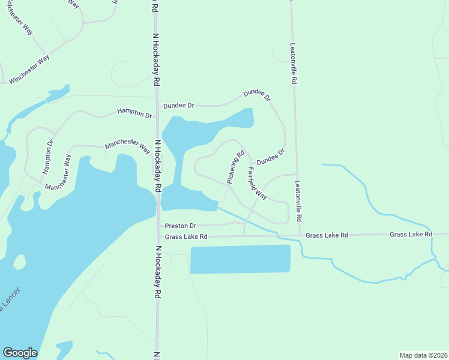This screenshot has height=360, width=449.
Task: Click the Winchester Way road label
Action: tap(29, 70)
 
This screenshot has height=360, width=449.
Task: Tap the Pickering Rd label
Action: tap(235, 167)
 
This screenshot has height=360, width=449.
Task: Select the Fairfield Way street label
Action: tap(257, 183)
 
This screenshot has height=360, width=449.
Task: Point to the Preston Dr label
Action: tap(180, 226)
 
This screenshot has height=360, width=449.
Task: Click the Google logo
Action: tap(20, 353)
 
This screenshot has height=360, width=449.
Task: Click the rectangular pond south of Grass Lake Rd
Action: tap(240, 259)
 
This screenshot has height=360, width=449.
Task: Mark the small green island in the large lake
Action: tap(20, 262)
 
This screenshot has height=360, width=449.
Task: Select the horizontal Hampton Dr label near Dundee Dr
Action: tap(134, 112)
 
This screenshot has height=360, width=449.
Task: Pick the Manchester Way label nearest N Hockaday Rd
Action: tap(127, 146)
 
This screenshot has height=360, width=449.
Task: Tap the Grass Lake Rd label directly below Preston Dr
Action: tap(186, 237)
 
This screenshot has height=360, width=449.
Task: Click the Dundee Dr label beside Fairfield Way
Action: tap(270, 158)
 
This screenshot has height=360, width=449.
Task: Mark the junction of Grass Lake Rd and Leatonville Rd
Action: tap(299, 236)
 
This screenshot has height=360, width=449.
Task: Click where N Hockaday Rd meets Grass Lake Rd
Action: tap(158, 238)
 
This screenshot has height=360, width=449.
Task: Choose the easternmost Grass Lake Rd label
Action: tap(411, 234)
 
